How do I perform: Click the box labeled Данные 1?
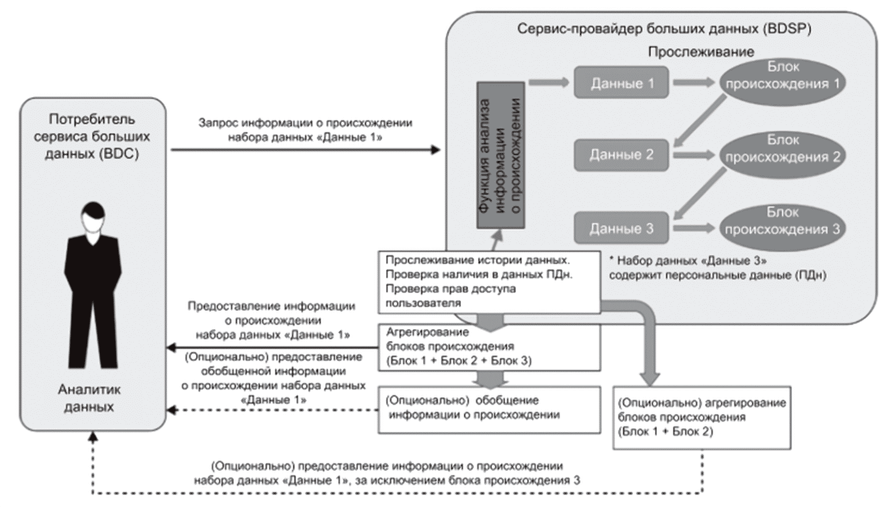[x=621, y=83]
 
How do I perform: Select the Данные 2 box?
[x=621, y=155]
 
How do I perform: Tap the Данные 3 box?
[x=621, y=228]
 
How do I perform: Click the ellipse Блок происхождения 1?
[x=783, y=83]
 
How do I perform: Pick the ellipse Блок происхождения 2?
[x=783, y=155]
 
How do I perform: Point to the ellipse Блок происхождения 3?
[x=783, y=228]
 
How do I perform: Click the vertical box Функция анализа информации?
[x=501, y=155]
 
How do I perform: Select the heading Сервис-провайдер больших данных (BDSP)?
[x=664, y=29]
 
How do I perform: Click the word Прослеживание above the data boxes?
[x=701, y=52]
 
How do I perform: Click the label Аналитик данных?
[x=89, y=398]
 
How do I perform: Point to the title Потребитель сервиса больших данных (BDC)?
[x=92, y=136]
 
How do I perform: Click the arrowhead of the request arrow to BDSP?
[x=436, y=150]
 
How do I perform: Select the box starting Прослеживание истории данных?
[x=489, y=282]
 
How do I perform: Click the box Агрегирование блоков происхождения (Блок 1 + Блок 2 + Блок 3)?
[x=489, y=347]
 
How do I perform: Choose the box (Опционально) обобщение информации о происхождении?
[x=489, y=409]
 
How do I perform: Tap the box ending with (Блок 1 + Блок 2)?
[x=702, y=418]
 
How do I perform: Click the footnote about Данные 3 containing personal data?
[x=718, y=268]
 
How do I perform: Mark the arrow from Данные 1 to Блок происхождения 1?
[x=694, y=83]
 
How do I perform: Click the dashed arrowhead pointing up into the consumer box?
[x=93, y=437]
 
